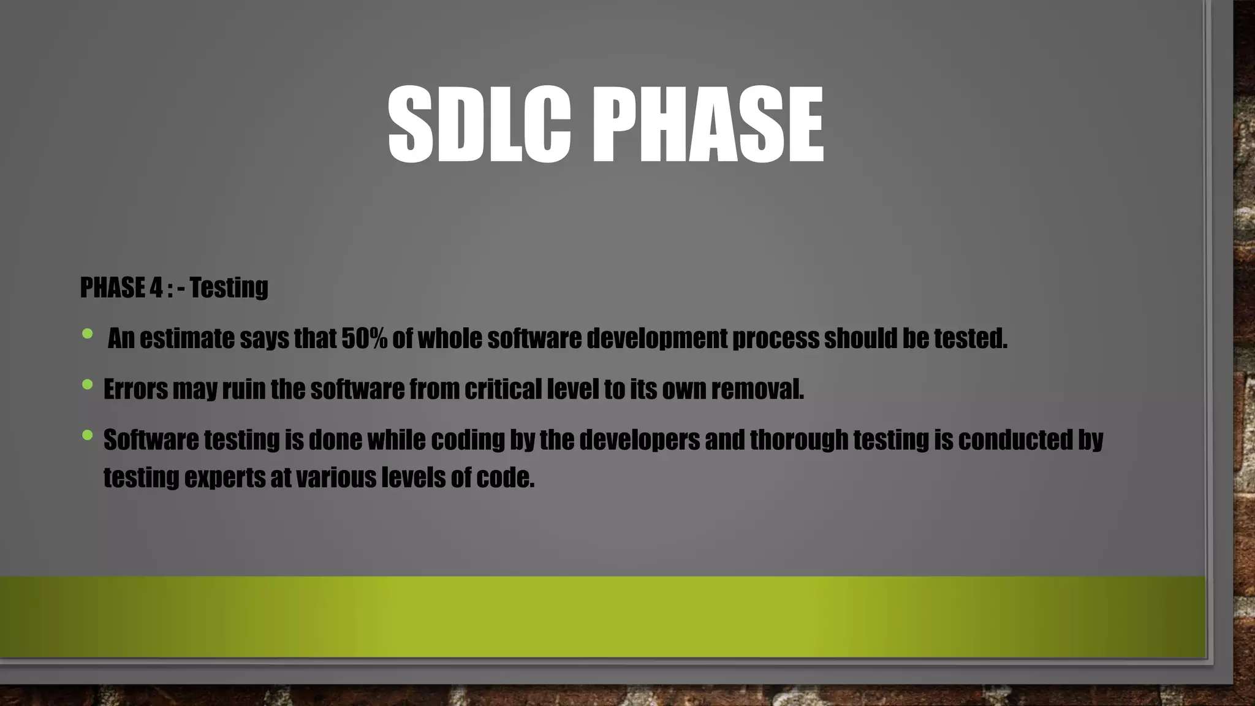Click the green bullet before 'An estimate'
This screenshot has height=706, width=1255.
pos(87,334)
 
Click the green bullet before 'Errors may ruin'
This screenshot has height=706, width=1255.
pos(87,385)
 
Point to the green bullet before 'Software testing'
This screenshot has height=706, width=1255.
pos(87,436)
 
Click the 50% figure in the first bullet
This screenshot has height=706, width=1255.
pos(364,338)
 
